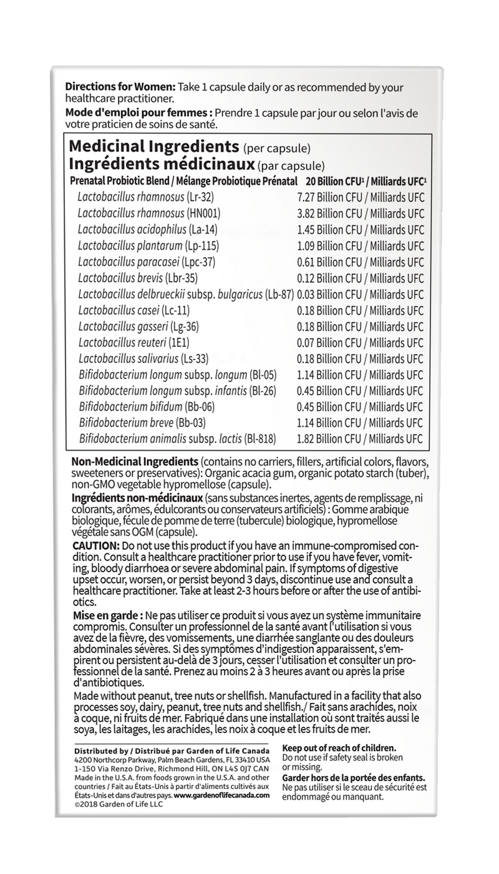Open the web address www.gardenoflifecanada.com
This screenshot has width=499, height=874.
point(222,795)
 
